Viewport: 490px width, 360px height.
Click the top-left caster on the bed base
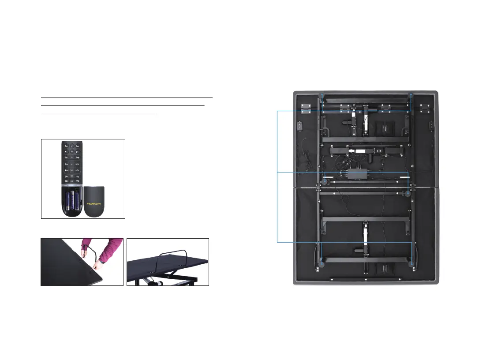click(322, 95)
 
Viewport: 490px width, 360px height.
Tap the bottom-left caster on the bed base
click(322, 265)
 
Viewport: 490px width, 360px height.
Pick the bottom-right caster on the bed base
click(411, 264)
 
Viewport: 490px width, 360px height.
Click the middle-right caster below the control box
click(408, 193)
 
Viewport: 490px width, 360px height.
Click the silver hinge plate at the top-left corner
click(306, 107)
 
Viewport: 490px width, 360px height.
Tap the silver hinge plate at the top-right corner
click(425, 107)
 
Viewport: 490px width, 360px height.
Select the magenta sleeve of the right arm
click(110, 249)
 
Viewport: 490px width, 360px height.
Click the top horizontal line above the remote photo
click(127, 97)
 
